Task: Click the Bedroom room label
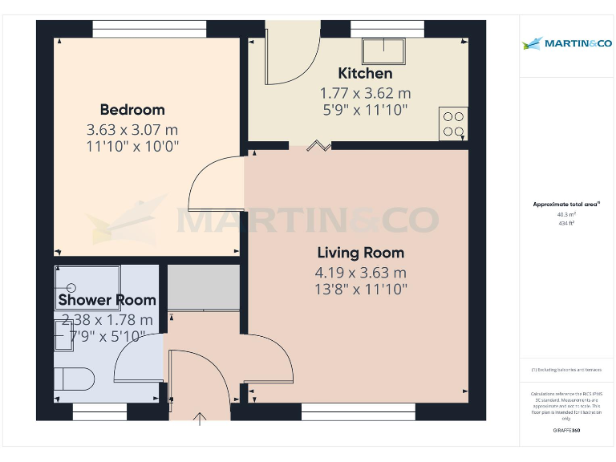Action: coord(132,110)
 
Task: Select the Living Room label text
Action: coord(360,253)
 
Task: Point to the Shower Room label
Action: coord(107,300)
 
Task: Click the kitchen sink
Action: coord(383,52)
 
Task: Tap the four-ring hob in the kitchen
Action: coord(453,124)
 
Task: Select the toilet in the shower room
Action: coord(74,378)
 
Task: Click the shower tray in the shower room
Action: coord(87,287)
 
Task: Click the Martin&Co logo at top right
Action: coord(567,43)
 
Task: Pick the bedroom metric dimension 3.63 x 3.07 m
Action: coord(132,129)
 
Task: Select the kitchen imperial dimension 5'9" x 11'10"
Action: coord(365,109)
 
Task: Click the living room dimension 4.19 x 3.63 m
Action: coord(360,273)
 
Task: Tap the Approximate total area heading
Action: coord(566,205)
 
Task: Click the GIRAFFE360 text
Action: coord(566,431)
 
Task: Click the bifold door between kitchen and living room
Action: coord(319,145)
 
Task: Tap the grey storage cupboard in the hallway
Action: coord(204,287)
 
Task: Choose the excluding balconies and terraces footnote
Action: coord(566,370)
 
